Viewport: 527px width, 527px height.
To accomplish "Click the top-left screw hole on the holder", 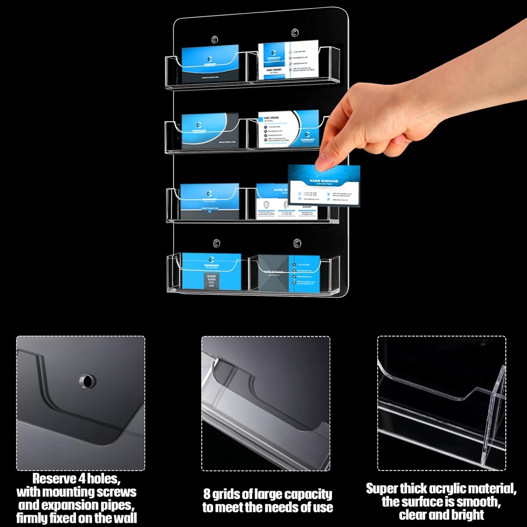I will pyautogui.click(x=215, y=39).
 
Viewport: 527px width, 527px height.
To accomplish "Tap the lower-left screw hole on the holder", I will pyautogui.click(x=217, y=243).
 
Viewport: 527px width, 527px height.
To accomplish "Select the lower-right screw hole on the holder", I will pyautogui.click(x=297, y=243).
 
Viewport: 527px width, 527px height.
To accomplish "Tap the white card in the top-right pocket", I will pyautogui.click(x=288, y=60).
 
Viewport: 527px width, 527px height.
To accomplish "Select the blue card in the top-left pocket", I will pyautogui.click(x=210, y=64).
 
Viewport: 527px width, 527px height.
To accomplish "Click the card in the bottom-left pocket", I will pyautogui.click(x=212, y=272).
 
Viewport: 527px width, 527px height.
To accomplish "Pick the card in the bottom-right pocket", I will pyautogui.click(x=289, y=274).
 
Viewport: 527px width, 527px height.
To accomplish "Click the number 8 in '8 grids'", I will pyautogui.click(x=207, y=494).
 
